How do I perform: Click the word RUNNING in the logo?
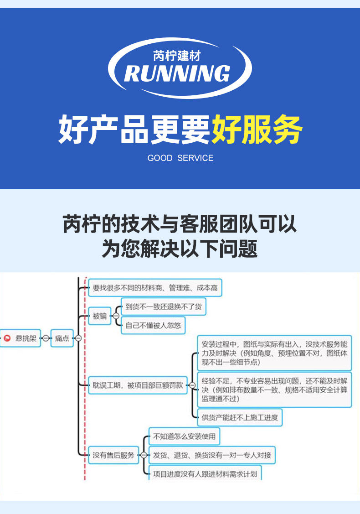[x=177, y=73]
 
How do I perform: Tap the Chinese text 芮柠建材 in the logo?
[x=177, y=56]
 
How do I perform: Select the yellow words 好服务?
[x=257, y=130]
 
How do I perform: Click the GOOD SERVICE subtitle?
[x=180, y=158]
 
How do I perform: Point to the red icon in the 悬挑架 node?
[x=7, y=338]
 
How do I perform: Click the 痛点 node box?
[x=62, y=338]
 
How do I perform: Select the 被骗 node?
[x=100, y=316]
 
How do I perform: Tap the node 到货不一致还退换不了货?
[x=164, y=307]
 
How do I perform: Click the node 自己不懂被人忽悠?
[x=153, y=326]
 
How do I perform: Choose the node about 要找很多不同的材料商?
[x=155, y=288]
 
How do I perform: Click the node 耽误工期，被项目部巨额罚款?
[x=138, y=385]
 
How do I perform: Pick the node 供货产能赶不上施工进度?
[x=240, y=417]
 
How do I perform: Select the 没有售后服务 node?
[x=113, y=455]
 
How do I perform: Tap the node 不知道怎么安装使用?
[x=185, y=436]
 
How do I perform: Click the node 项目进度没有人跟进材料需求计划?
[x=205, y=473]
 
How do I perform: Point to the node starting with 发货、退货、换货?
[x=212, y=455]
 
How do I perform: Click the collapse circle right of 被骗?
[x=116, y=316]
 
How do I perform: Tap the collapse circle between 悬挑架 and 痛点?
[x=46, y=338]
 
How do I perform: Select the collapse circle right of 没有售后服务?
[x=144, y=455]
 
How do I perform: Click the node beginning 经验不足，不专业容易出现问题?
[x=274, y=390]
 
